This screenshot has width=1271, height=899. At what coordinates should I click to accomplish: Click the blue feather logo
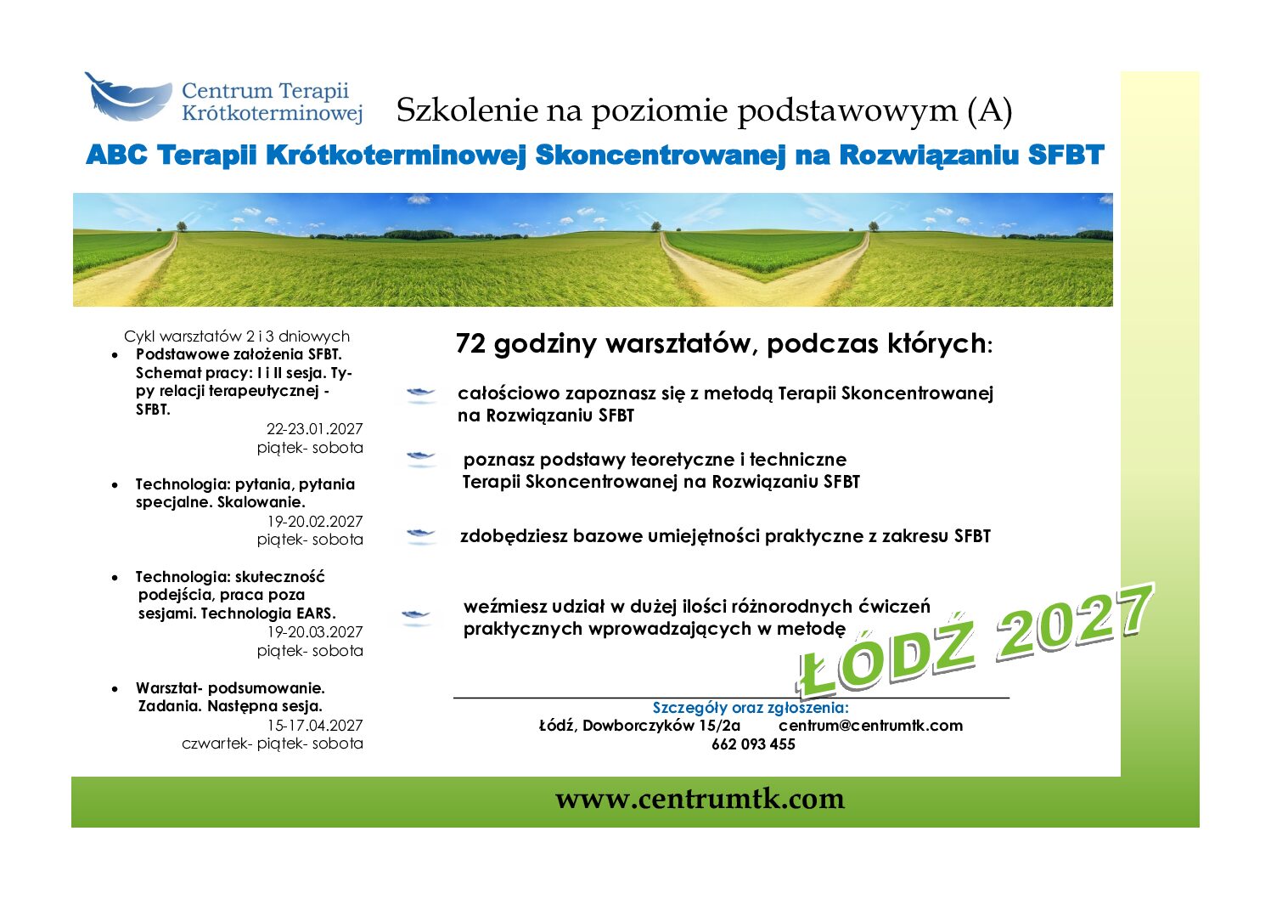[128, 97]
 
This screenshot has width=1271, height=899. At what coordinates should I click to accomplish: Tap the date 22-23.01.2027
[314, 429]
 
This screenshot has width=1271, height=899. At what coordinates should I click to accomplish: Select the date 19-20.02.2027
[315, 522]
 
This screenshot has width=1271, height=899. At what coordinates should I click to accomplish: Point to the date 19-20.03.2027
[315, 632]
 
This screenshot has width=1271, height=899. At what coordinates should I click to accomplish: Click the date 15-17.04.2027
[315, 725]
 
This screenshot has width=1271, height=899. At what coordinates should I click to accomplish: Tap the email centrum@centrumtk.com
[870, 725]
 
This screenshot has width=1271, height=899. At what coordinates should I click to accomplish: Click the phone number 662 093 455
[753, 744]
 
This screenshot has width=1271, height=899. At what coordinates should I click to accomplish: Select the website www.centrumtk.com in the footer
[700, 799]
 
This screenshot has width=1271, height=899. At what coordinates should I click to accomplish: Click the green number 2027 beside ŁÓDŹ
[1075, 622]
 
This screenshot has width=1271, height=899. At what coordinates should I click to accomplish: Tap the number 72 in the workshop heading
[470, 343]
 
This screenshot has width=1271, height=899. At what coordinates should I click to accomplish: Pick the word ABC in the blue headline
[116, 155]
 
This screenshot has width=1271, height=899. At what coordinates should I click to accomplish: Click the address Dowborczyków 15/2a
[661, 725]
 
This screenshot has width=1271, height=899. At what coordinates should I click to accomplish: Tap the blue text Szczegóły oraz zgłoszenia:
[750, 708]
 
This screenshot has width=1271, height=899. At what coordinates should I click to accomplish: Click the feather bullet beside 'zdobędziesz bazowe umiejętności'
[420, 535]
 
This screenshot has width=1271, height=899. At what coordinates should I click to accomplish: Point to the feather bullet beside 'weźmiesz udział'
[416, 616]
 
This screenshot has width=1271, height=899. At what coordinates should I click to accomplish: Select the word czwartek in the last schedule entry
[217, 744]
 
